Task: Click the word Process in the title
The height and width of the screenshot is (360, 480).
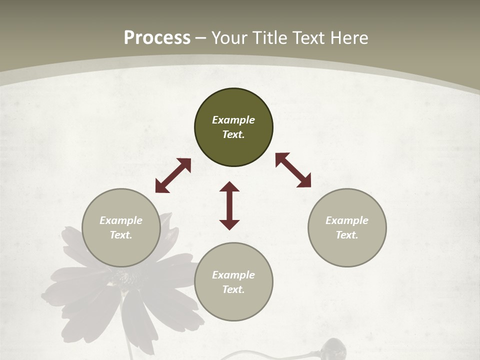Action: point(157,38)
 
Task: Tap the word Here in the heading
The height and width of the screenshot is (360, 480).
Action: point(349,38)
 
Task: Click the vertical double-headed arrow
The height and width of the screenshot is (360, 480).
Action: point(229,205)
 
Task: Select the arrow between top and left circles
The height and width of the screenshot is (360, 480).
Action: point(173,175)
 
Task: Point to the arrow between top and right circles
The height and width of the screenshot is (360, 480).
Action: point(293,170)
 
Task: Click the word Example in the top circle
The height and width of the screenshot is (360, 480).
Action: point(233,120)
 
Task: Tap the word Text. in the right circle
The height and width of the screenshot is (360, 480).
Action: point(347,235)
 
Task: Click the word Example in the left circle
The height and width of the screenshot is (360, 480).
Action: point(121,220)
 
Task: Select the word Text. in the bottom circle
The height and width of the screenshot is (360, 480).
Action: point(233,289)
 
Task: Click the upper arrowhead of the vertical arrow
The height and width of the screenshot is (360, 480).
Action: point(229,186)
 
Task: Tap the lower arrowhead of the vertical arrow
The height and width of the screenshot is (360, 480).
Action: point(229,224)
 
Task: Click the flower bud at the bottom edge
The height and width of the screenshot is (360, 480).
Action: point(333,348)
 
